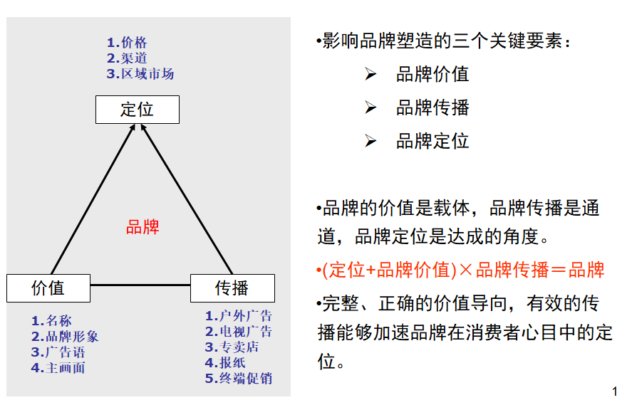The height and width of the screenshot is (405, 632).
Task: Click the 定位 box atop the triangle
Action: pos(138,110)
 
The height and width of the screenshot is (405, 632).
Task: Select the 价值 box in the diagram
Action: pos(48,288)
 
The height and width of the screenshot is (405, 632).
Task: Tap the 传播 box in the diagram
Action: pos(232,288)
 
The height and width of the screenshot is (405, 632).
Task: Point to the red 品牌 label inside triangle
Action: pos(143,227)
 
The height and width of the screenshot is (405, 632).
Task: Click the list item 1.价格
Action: pos(127,43)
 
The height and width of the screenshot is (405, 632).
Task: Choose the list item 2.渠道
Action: pos(127,58)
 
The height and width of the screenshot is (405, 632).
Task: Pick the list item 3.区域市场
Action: pos(140,74)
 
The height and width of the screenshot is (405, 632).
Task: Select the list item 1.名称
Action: pos(51,321)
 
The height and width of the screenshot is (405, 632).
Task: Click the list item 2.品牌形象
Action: pos(65,337)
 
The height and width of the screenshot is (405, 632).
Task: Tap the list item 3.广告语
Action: pos(58,352)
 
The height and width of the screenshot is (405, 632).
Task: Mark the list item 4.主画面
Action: pos(58,368)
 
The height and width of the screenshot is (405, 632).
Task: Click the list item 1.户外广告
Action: pos(239,316)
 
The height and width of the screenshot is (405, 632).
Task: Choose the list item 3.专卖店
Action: pos(232,347)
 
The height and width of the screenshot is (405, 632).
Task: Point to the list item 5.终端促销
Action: pos(239,379)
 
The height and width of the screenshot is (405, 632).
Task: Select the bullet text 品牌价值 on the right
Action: pos(432,75)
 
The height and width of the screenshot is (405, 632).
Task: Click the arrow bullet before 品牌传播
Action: pos(371,107)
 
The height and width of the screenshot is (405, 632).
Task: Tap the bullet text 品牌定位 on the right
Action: pos(432,141)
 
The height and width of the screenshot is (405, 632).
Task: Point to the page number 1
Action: pos(615,391)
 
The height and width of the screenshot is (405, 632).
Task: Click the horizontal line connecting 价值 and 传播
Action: pos(140,285)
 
